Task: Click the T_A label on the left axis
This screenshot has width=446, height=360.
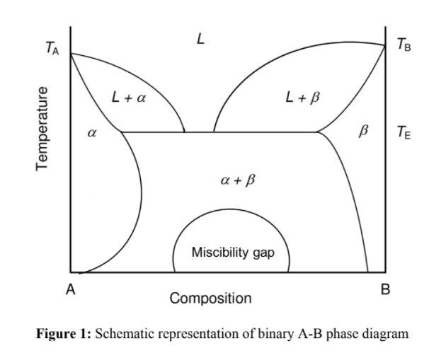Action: pyautogui.click(x=52, y=48)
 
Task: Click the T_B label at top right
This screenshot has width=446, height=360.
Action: pyautogui.click(x=404, y=46)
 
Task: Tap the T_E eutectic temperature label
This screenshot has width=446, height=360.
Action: pyautogui.click(x=403, y=132)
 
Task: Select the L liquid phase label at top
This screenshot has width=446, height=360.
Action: pyautogui.click(x=201, y=40)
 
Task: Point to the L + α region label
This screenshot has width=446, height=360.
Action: pyautogui.click(x=129, y=98)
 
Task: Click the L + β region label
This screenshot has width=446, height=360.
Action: pyautogui.click(x=302, y=98)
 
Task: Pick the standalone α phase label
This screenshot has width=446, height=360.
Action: pyautogui.click(x=91, y=133)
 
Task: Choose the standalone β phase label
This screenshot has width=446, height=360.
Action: pyautogui.click(x=364, y=132)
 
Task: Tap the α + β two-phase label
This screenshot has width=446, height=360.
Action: pyautogui.click(x=238, y=180)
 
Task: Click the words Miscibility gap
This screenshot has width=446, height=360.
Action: pyautogui.click(x=232, y=252)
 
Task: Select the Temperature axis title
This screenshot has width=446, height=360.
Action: pyautogui.click(x=43, y=128)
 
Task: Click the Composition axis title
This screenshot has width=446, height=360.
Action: pyautogui.click(x=210, y=298)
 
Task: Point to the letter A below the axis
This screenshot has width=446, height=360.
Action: pyautogui.click(x=71, y=289)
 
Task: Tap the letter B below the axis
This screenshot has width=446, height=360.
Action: pyautogui.click(x=385, y=289)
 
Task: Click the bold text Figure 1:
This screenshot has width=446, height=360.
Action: pyautogui.click(x=64, y=334)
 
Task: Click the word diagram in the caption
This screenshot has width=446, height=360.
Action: pyautogui.click(x=384, y=334)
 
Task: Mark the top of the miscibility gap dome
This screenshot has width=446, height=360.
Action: pyautogui.click(x=231, y=209)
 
